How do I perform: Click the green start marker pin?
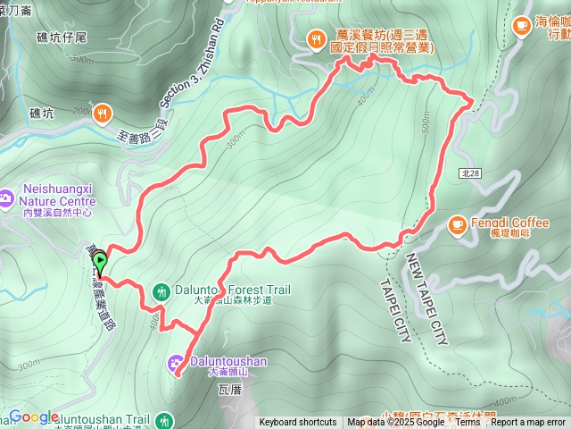click(101, 263)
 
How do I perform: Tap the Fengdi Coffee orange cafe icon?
click(456, 223)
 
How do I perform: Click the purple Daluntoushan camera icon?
click(176, 362)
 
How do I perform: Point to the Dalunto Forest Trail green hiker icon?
click(161, 290)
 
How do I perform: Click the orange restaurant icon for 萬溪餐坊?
click(315, 38)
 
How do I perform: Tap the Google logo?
click(34, 417)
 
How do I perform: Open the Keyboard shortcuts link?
click(298, 423)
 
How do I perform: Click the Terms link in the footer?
click(468, 423)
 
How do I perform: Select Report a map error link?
click(529, 423)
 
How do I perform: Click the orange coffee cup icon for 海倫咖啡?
click(521, 28)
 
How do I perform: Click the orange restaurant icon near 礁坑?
click(104, 113)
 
